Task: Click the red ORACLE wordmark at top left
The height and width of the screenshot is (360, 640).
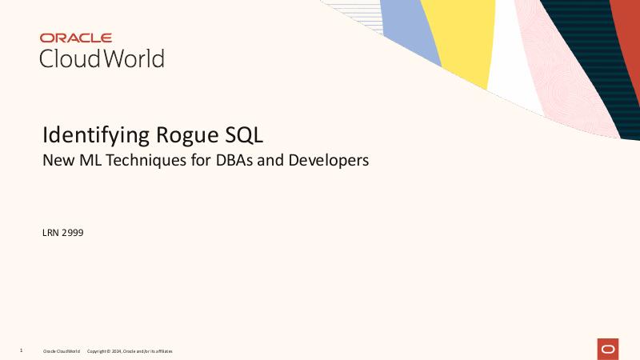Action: tap(76, 38)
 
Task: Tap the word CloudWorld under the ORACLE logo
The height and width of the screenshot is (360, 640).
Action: tap(102, 58)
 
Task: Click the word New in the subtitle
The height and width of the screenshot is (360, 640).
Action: tap(56, 160)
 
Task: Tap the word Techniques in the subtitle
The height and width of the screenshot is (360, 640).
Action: tap(145, 160)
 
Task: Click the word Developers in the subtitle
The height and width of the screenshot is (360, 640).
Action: tap(329, 160)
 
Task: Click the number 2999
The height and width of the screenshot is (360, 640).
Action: tap(73, 233)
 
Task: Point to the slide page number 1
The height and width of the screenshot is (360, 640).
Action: tap(21, 350)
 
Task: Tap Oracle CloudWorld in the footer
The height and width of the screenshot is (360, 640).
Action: tap(62, 351)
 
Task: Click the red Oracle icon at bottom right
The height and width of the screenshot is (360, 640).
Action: tap(608, 349)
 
